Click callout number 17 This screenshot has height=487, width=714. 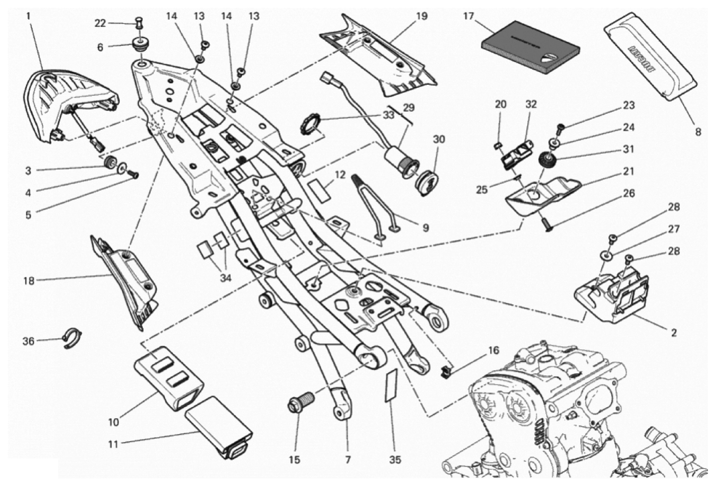[468, 16]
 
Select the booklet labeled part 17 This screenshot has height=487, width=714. [531, 47]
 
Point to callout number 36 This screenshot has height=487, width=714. [28, 341]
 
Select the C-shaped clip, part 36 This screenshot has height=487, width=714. [72, 338]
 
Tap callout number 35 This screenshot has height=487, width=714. [394, 460]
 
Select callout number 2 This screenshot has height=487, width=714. [673, 332]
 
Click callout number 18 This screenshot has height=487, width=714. [28, 281]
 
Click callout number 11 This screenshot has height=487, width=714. [113, 443]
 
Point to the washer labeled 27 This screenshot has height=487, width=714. [606, 256]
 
